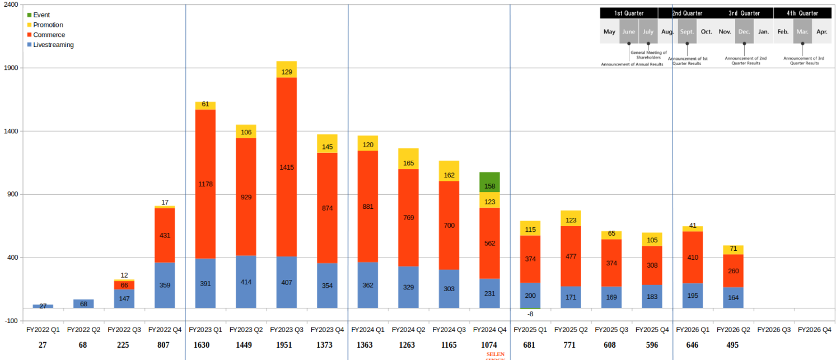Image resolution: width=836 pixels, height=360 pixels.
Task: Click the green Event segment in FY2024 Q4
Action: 489,182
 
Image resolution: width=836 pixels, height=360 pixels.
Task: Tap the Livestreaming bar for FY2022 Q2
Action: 83,303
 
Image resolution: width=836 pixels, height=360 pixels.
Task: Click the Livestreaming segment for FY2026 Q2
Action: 733,297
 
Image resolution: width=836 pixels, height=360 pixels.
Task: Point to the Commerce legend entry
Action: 49,35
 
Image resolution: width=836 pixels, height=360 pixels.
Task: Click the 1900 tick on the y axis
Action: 11,68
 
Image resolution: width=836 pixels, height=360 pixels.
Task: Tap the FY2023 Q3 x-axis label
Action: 286,330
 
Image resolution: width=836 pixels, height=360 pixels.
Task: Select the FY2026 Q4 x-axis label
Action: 814,330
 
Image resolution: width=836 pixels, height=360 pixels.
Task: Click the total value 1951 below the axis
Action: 284,345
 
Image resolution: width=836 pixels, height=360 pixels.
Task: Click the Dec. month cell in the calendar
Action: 744,32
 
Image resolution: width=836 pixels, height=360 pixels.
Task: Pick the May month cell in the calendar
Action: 609,32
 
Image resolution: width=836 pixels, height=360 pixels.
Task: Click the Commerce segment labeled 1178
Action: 205,184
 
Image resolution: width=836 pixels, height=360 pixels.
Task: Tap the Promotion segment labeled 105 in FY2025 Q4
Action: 652,240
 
